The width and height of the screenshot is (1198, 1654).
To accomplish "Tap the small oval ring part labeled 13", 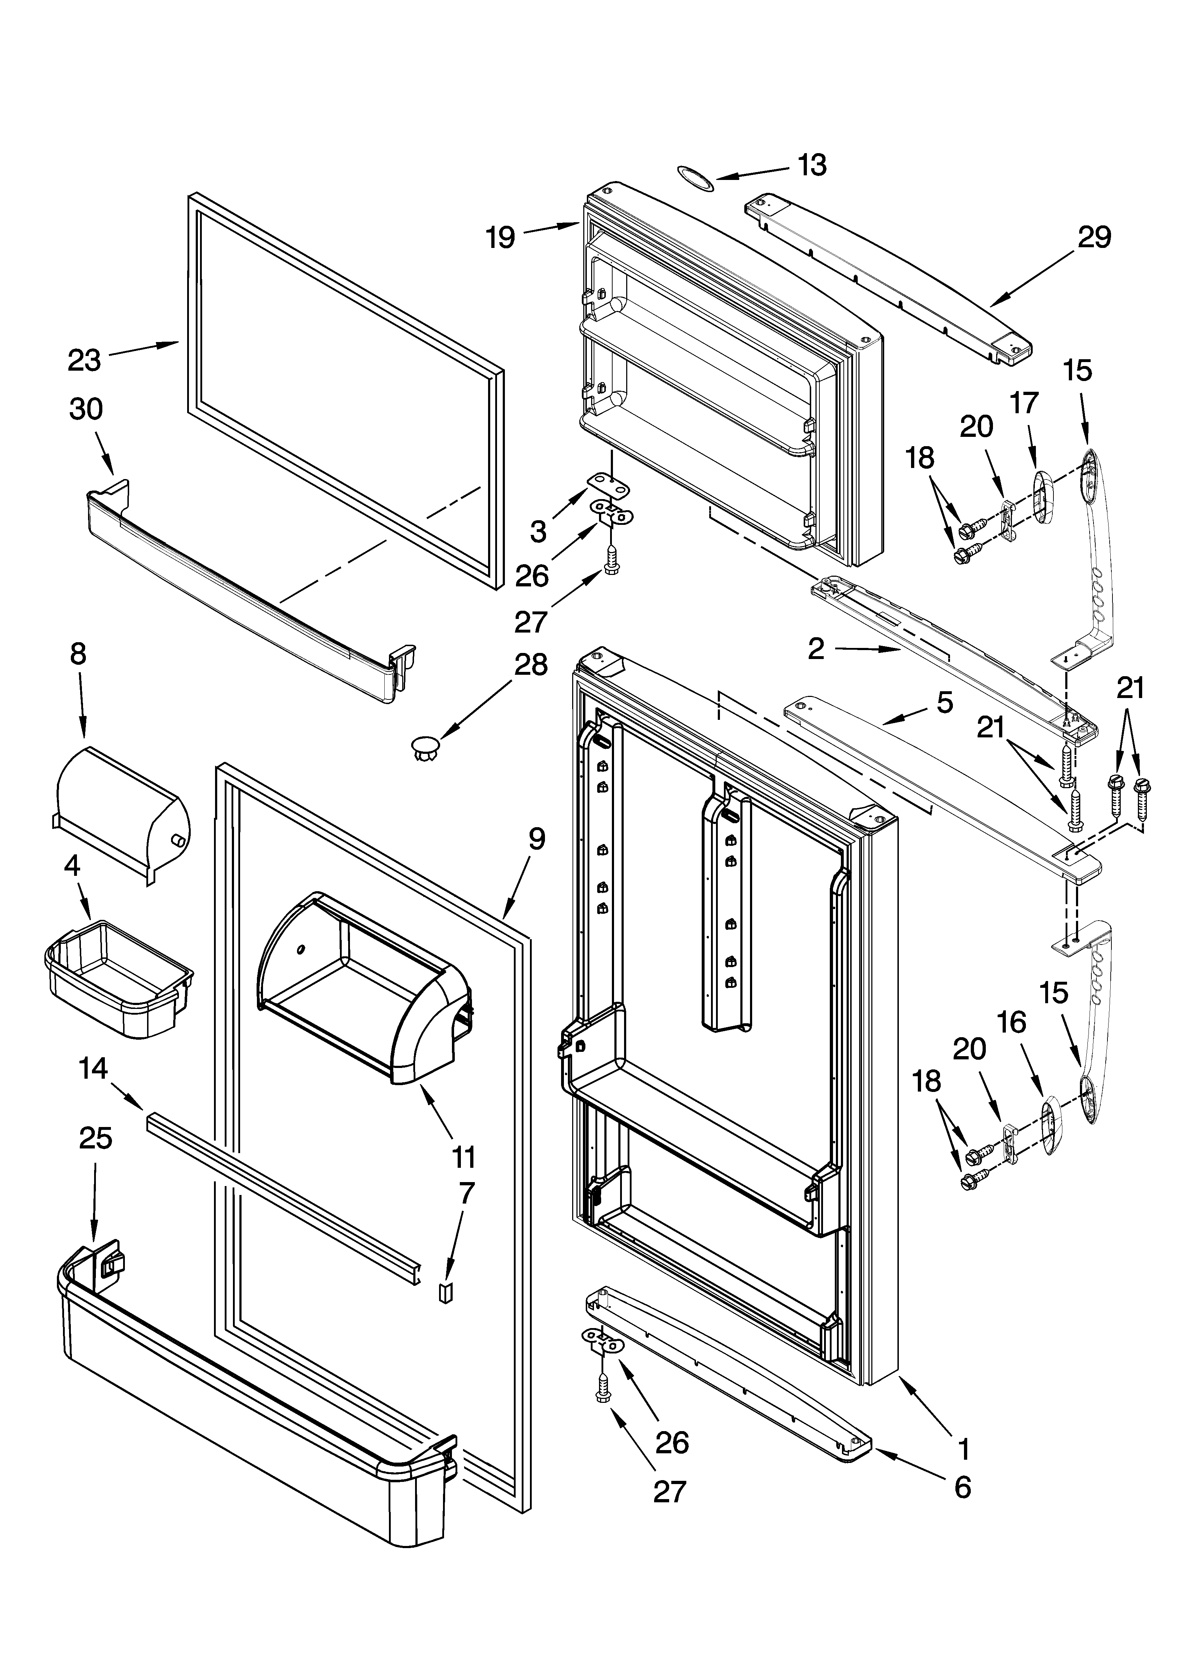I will [695, 177].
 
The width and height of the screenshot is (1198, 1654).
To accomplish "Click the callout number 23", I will [85, 360].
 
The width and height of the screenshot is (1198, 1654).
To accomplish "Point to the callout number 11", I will [463, 1157].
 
